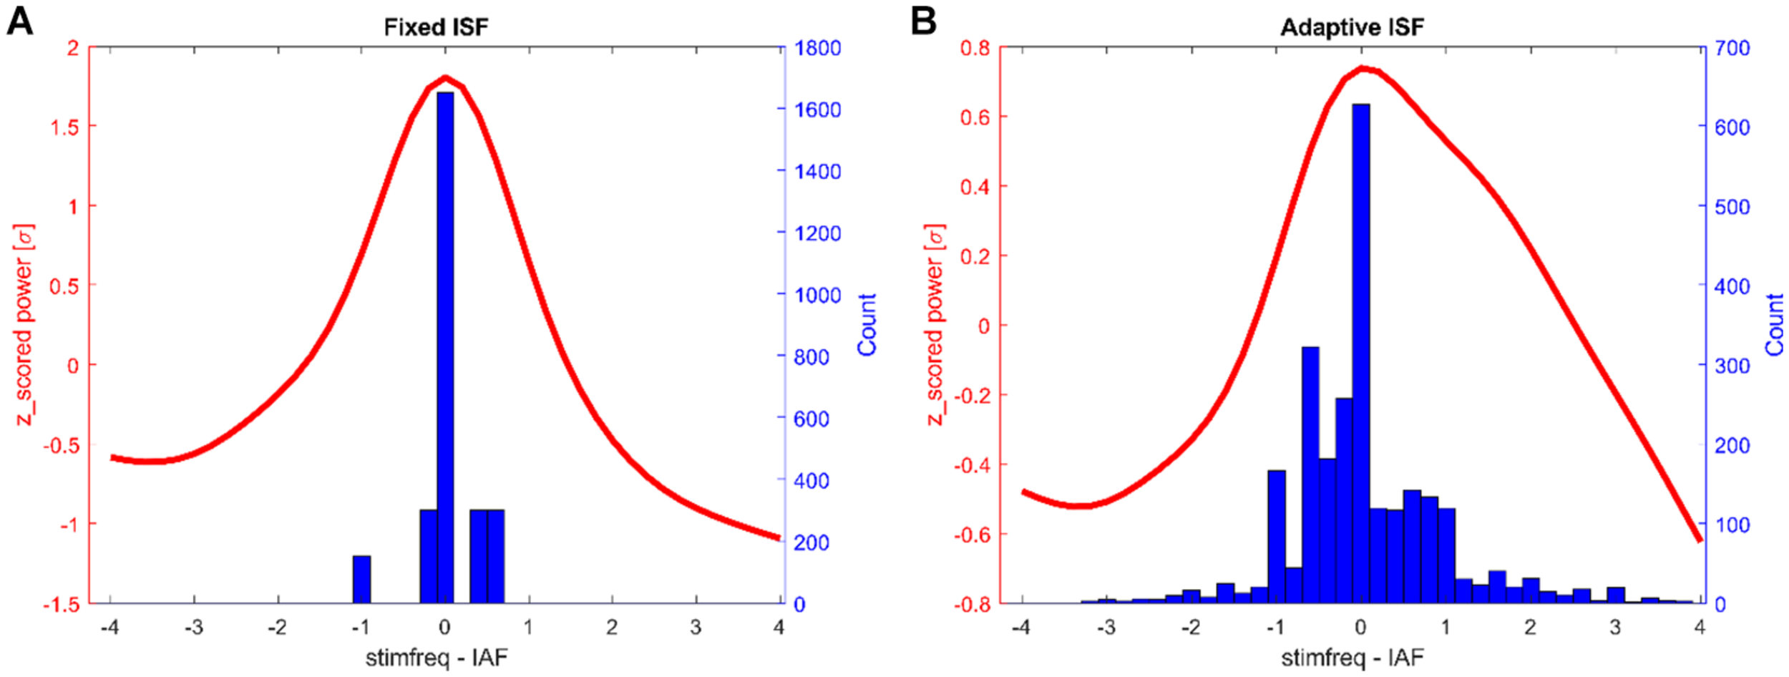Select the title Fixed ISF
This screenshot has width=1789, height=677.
pos(436,27)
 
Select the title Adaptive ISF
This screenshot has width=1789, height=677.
pos(1352,27)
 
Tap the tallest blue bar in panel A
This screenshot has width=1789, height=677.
pos(445,344)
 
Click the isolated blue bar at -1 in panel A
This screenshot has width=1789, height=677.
pos(361,579)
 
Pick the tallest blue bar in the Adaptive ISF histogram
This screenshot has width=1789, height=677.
pos(1360,351)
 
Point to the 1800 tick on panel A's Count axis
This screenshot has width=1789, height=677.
pos(818,48)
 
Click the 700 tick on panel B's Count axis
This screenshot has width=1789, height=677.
pos(1732,48)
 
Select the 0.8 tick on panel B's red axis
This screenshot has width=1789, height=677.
pos(975,48)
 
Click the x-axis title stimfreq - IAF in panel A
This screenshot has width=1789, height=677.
pos(437,657)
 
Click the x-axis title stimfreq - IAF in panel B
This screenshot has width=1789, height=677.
pos(1352,657)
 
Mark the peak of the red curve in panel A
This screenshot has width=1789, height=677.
pos(445,77)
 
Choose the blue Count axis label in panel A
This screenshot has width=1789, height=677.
pos(867,324)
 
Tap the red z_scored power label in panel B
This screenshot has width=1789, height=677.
pos(935,324)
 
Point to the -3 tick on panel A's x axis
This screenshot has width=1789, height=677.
pos(193,628)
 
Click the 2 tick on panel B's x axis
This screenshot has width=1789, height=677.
pos(1530,628)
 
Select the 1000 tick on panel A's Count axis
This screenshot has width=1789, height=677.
pos(818,295)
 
